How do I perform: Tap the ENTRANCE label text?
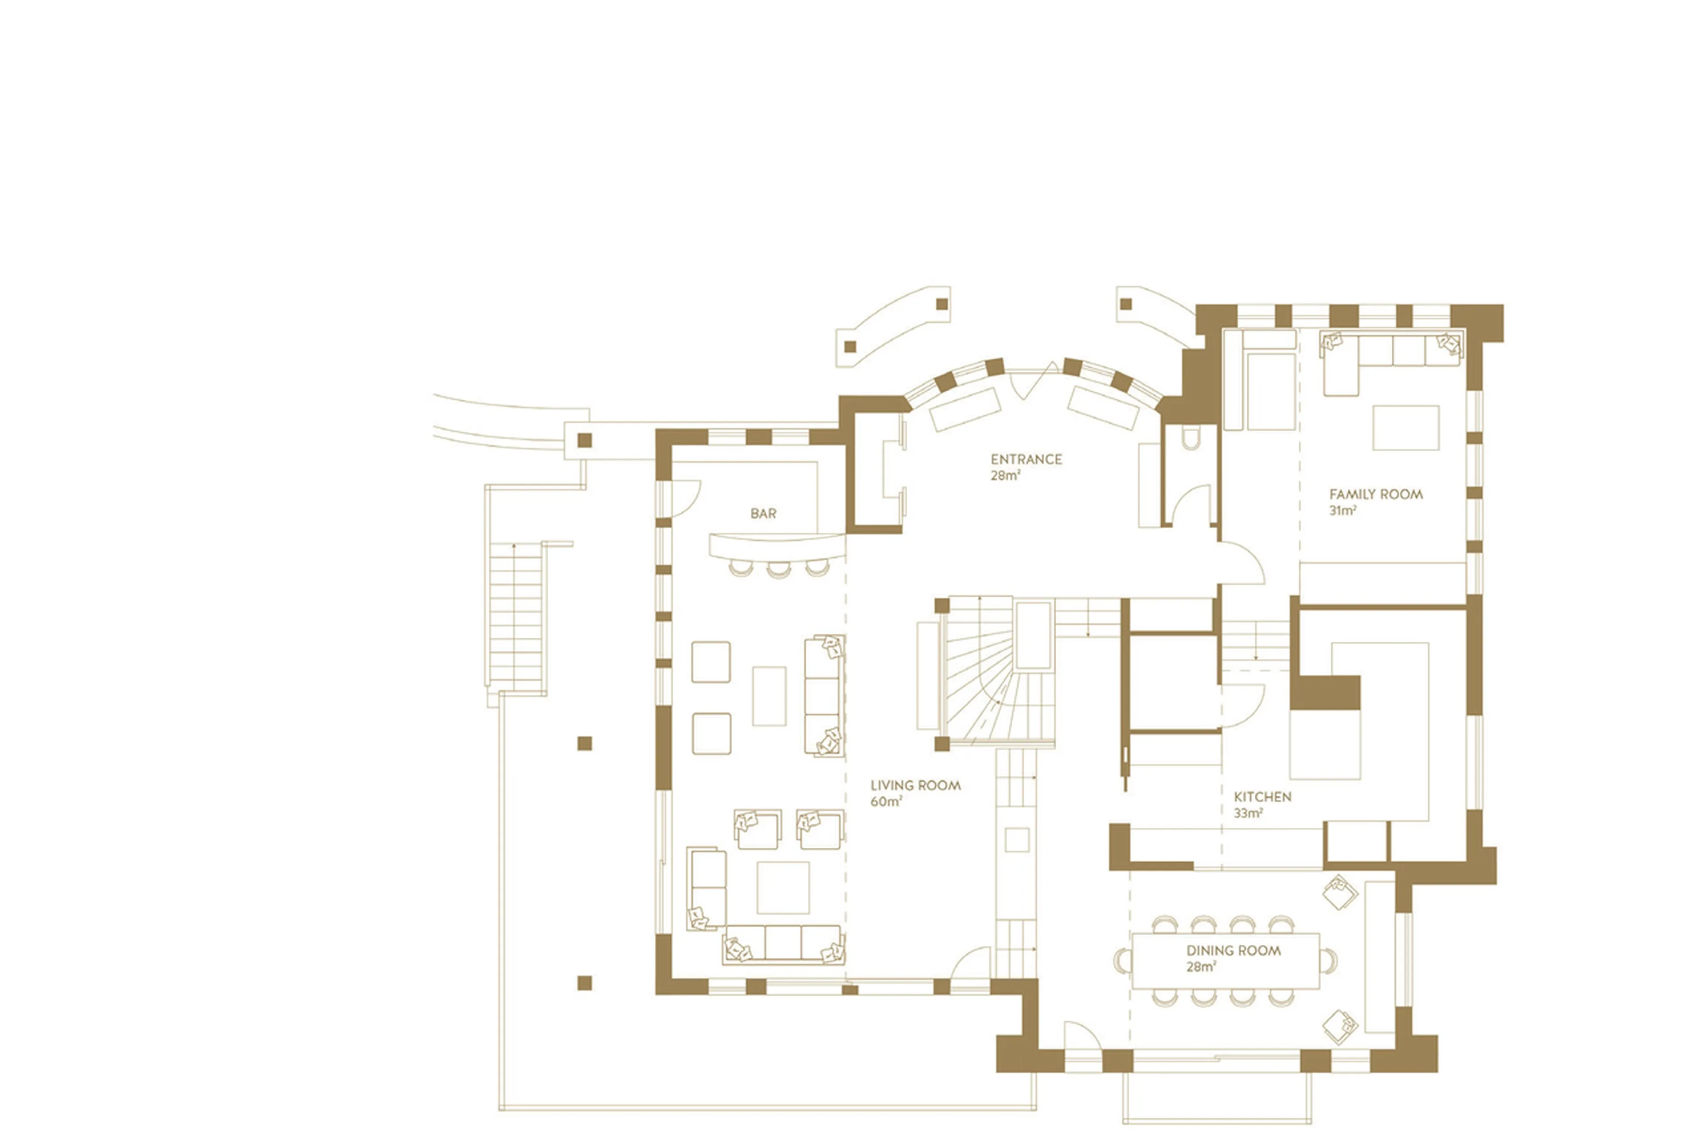tap(1026, 459)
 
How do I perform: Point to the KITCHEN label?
tap(1262, 797)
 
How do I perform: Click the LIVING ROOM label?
tap(915, 785)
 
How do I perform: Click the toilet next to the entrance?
tap(1188, 437)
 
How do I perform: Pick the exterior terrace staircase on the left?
tap(515, 615)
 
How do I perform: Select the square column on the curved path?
tap(585, 440)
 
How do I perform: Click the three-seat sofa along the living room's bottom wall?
tap(783, 944)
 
